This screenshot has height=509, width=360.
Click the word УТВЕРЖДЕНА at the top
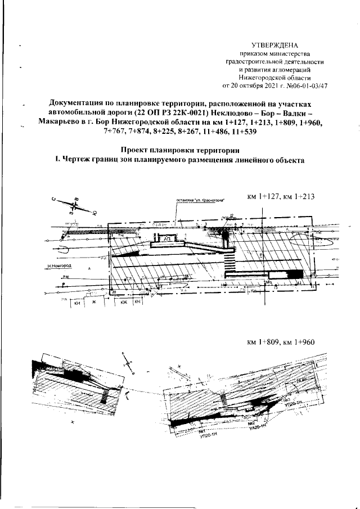[274, 44]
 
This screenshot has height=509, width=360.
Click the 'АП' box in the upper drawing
[168, 239]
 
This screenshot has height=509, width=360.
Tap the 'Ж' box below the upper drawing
[94, 303]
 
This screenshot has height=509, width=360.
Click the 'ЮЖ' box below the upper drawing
[122, 303]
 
